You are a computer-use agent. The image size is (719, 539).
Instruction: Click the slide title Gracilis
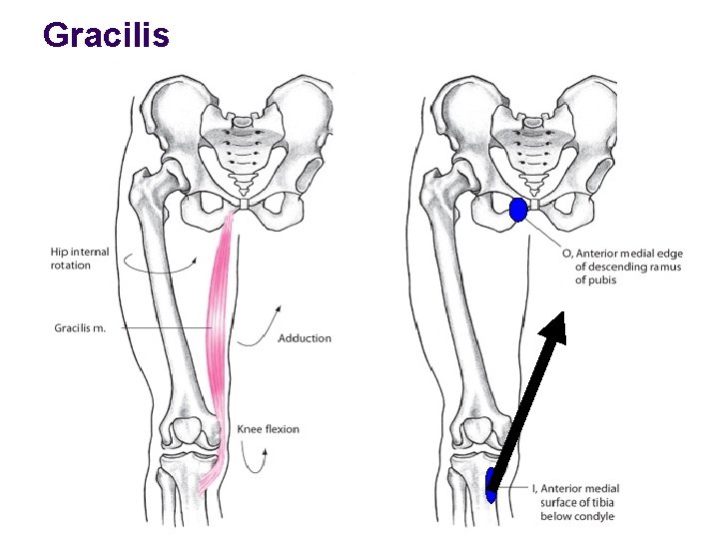pyautogui.click(x=107, y=35)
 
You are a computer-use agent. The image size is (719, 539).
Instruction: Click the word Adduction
pyautogui.click(x=305, y=338)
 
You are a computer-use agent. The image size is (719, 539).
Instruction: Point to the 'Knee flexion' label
pyautogui.click(x=268, y=429)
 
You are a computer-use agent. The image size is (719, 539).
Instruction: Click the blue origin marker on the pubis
pyautogui.click(x=518, y=210)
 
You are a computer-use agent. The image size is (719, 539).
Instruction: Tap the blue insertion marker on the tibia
pyautogui.click(x=490, y=486)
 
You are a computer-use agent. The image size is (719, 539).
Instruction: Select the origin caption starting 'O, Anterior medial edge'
pyautogui.click(x=621, y=267)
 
